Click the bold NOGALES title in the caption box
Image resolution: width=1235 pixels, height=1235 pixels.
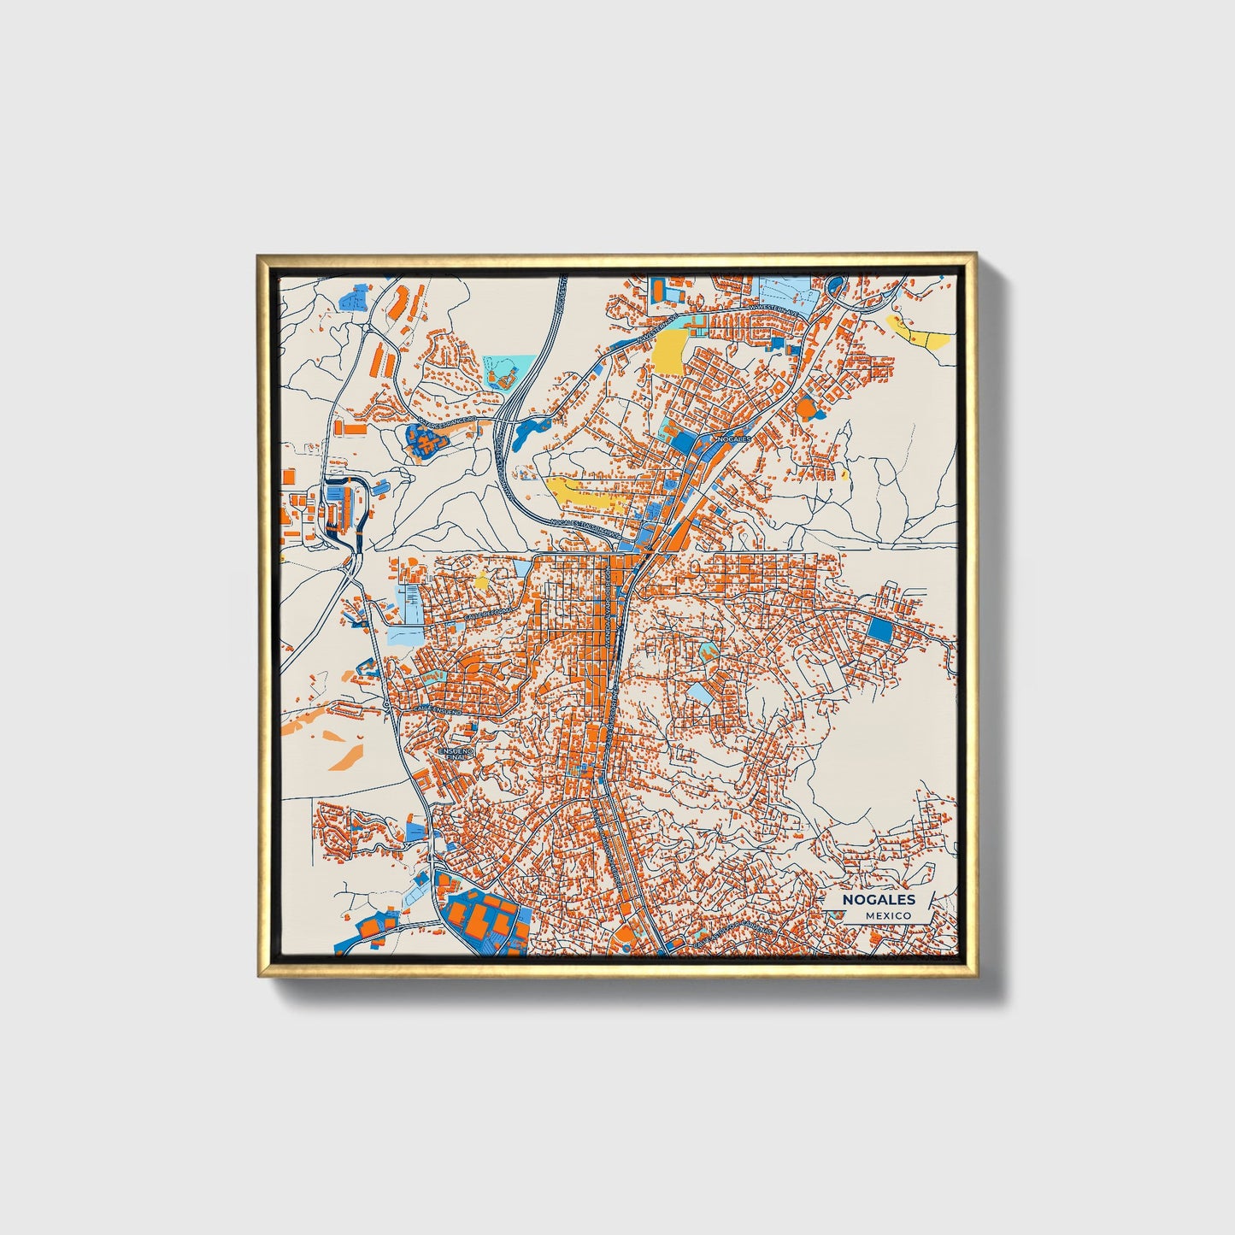[x=879, y=899]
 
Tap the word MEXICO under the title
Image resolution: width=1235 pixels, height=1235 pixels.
[x=887, y=915]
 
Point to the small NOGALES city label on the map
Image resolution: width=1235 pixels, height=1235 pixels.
[x=732, y=438]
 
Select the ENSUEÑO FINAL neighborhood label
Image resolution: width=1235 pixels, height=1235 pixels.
[x=452, y=753]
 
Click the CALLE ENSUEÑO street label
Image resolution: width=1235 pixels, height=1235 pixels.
[x=436, y=709]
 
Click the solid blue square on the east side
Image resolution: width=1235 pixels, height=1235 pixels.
[x=878, y=632]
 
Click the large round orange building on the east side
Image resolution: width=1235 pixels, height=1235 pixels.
[x=806, y=407]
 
